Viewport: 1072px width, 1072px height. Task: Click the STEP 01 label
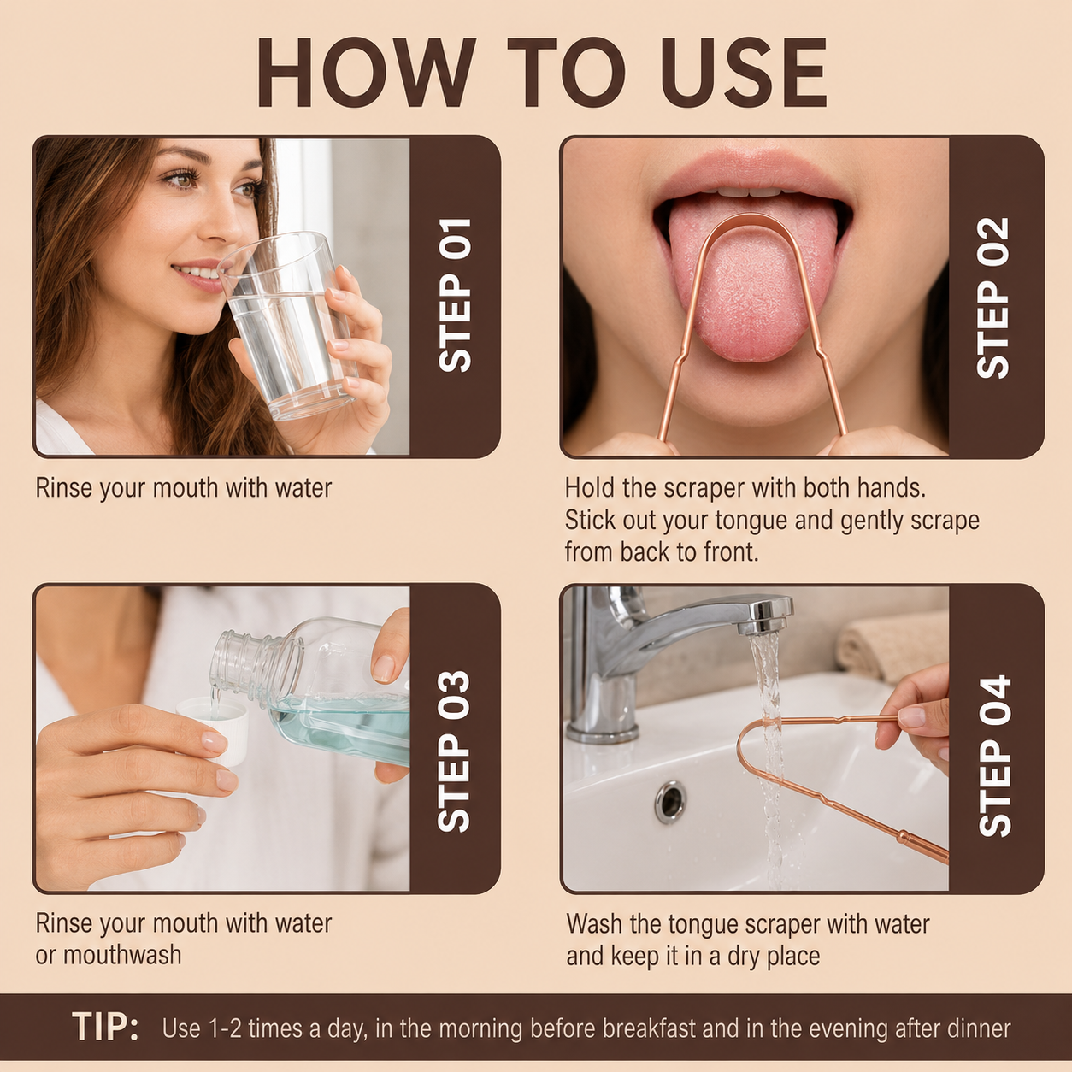click(455, 295)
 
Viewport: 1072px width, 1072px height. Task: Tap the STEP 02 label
click(993, 297)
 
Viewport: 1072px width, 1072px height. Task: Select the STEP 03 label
click(454, 751)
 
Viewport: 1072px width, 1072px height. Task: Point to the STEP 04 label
click(994, 755)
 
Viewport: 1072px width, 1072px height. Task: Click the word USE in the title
click(745, 73)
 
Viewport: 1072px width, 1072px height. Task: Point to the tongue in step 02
click(752, 278)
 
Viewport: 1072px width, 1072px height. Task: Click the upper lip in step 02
click(751, 173)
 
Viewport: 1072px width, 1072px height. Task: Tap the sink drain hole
click(670, 802)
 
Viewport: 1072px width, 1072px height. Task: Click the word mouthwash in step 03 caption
click(122, 955)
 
